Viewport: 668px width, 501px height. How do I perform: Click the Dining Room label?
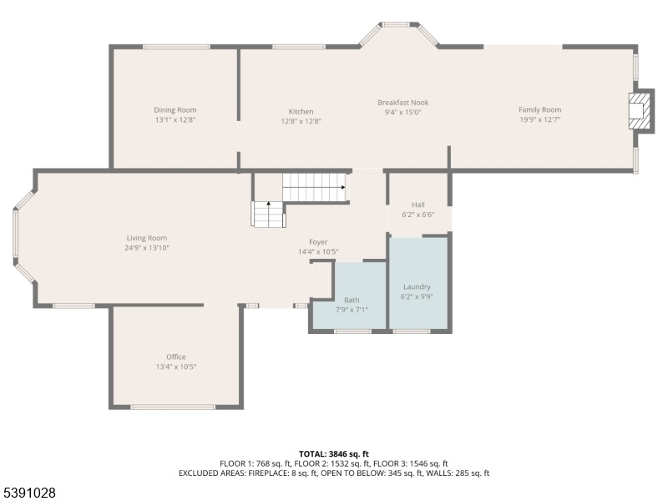coord(175,110)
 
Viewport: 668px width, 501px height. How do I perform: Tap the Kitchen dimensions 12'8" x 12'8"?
coord(301,121)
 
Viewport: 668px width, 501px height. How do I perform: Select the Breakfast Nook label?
coord(403,103)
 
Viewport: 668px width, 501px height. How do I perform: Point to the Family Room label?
coord(539,110)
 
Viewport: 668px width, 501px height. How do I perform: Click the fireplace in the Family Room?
coord(640,111)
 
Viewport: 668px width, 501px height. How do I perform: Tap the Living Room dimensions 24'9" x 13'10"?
coord(147,248)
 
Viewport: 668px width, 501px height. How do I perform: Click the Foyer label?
coord(318,242)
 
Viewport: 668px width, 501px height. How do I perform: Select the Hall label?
coord(418,205)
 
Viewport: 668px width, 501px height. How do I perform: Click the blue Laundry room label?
coord(417,286)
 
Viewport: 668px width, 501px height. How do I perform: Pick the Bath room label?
coord(352,300)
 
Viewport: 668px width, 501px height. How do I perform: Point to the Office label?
coord(176,357)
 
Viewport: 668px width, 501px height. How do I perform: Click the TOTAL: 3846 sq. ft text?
coord(333,453)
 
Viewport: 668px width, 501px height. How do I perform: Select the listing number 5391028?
coord(28,493)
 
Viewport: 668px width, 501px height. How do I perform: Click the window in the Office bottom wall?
coord(173,407)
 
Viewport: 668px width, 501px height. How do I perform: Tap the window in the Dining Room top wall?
coord(176,47)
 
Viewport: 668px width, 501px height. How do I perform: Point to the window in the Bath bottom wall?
coord(352,331)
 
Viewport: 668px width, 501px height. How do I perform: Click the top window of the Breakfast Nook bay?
coord(396,25)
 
